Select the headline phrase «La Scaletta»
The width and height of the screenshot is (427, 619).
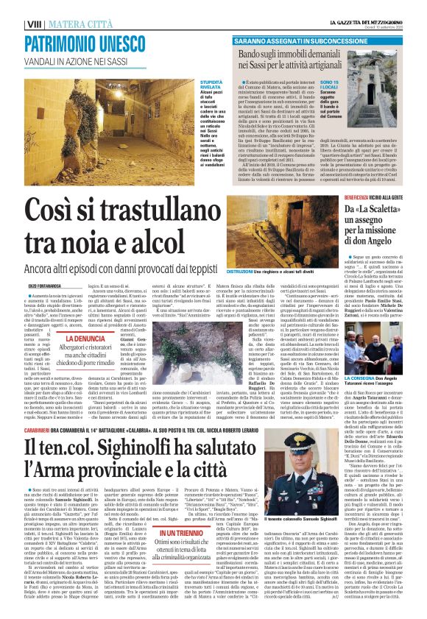click(x=382, y=211)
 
